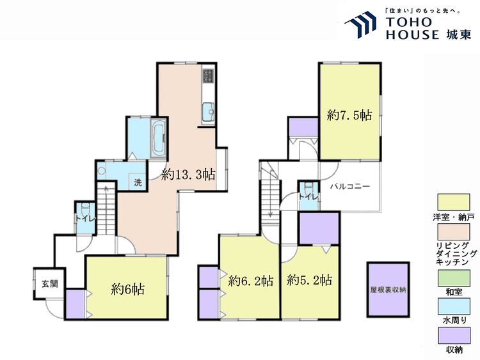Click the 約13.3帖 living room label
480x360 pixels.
click(x=189, y=175)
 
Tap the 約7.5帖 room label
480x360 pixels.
click(x=349, y=115)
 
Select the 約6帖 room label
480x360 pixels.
click(x=127, y=289)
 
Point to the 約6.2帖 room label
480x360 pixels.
click(x=251, y=281)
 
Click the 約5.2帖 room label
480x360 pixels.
click(x=310, y=279)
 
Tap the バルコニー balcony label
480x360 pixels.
click(x=350, y=186)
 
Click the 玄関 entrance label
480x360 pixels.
click(x=50, y=284)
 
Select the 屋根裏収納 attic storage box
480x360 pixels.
click(x=388, y=290)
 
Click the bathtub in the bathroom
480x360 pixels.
click(x=158, y=138)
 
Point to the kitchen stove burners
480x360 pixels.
click(x=208, y=76)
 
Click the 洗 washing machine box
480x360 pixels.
click(x=138, y=182)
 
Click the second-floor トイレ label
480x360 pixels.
click(x=308, y=197)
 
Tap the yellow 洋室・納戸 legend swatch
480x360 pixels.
click(x=453, y=202)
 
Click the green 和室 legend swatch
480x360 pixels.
click(x=453, y=278)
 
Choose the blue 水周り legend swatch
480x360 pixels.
click(x=453, y=306)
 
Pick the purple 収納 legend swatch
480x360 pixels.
click(x=453, y=336)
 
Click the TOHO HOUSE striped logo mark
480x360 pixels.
click(x=360, y=25)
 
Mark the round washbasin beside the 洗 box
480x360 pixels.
click(x=101, y=169)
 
